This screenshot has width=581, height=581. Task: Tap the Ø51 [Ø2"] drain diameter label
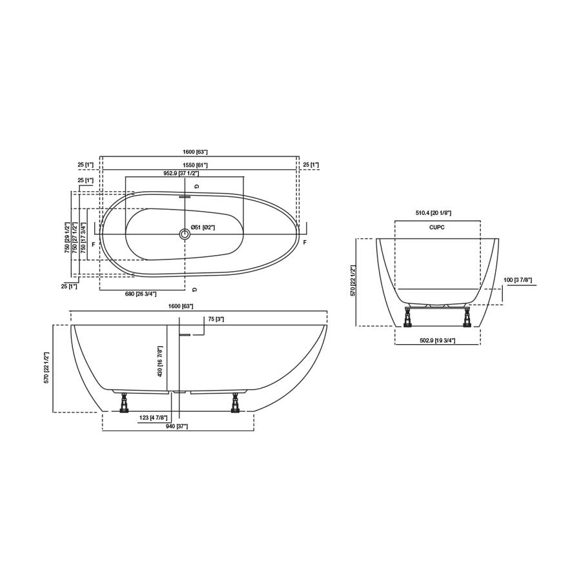point(203,227)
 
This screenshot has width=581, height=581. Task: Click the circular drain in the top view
point(185,233)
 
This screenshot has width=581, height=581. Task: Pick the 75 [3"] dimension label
point(216,320)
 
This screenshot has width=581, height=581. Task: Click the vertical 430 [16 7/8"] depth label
point(160,362)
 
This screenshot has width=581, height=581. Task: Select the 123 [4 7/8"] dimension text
point(154,418)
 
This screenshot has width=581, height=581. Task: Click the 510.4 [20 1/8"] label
point(433,213)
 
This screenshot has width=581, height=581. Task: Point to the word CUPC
point(437,227)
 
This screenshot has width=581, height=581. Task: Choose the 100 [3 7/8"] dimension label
point(518,280)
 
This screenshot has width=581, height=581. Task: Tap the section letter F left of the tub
point(93,244)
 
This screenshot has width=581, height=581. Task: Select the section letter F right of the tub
point(305,242)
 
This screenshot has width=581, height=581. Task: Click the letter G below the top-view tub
point(194,289)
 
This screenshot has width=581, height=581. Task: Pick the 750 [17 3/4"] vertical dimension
point(83,236)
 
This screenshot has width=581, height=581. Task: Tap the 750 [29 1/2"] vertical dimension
point(66,237)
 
